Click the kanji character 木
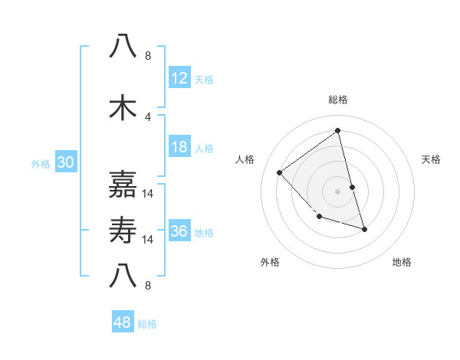click(123, 108)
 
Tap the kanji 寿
click(123, 231)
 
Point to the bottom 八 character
click(123, 276)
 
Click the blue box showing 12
click(179, 78)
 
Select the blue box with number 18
click(179, 147)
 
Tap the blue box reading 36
click(179, 231)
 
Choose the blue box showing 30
click(65, 162)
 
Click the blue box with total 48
click(123, 322)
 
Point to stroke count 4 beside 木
click(148, 116)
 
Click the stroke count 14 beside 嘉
click(148, 193)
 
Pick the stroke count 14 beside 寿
click(148, 239)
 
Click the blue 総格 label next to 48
click(147, 324)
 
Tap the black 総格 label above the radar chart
click(337, 100)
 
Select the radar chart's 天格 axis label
click(432, 159)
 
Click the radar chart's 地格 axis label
click(402, 262)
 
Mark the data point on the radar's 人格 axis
click(280, 172)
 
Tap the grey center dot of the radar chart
click(337, 191)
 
